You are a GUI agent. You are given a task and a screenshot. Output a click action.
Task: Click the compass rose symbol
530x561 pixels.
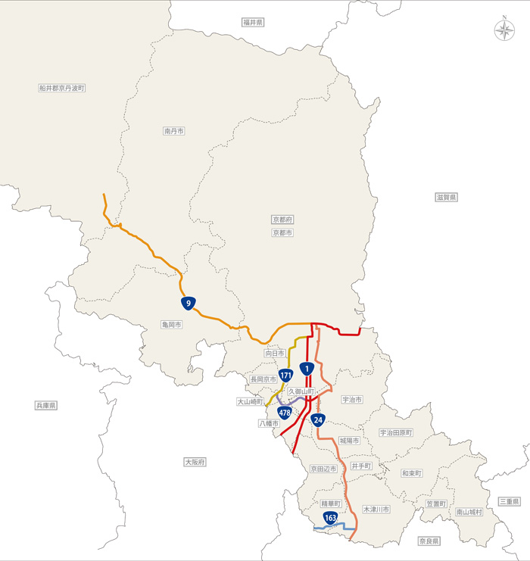(503, 30)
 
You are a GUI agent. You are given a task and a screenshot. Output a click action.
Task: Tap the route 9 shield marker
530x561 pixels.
(187, 303)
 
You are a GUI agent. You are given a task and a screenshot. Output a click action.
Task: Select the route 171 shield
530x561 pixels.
(285, 376)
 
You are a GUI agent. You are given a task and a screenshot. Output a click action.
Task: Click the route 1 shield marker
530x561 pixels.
(306, 369)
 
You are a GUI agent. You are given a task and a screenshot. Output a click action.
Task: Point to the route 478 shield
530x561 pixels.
(285, 413)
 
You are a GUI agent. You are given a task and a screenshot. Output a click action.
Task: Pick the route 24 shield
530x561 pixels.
(318, 420)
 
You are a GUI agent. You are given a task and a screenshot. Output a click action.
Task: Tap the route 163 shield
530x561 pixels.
(330, 518)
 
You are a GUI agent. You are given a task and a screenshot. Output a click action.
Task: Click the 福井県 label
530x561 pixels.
(253, 23)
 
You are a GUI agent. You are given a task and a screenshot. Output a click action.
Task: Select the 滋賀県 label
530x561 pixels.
(447, 197)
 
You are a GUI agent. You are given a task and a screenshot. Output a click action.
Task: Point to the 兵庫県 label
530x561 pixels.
(46, 406)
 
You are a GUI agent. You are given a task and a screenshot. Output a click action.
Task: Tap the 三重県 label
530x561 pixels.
(509, 502)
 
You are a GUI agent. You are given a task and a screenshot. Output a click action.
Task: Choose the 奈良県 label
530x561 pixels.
(429, 541)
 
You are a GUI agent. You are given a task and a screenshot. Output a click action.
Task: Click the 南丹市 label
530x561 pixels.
(174, 131)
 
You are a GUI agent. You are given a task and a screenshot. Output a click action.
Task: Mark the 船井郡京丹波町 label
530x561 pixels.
(62, 88)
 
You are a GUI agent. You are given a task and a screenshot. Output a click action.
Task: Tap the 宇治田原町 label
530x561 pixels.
(396, 433)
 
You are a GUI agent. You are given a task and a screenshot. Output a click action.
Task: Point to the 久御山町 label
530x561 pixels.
(301, 391)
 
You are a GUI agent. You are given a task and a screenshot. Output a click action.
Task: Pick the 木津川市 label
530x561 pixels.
(376, 510)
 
